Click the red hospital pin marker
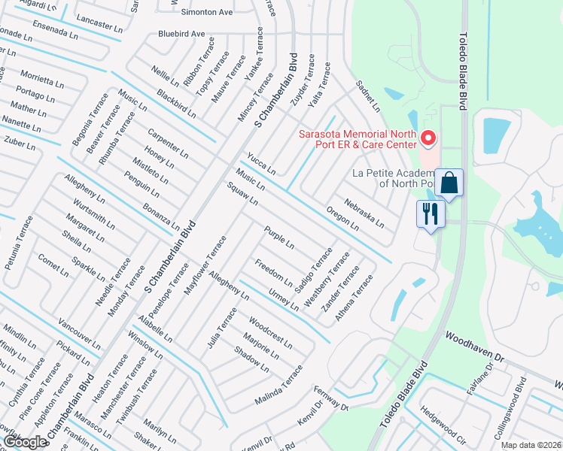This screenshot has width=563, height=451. (x=429, y=138)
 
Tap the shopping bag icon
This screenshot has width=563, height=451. (x=449, y=183)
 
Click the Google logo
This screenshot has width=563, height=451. (x=26, y=442)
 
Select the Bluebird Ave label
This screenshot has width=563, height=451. (x=181, y=34)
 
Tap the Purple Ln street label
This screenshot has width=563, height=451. (x=278, y=239)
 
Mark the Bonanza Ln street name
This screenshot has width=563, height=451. (x=161, y=214)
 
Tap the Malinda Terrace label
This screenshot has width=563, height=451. (x=278, y=385)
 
